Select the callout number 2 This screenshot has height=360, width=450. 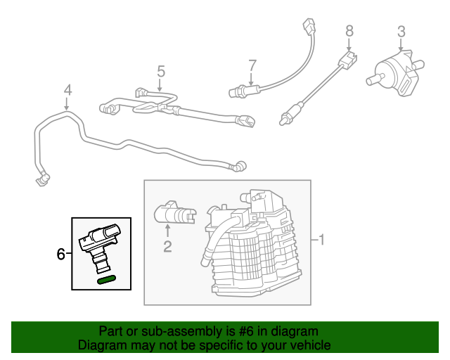click(167, 245)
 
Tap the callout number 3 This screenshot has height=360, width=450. click(401, 31)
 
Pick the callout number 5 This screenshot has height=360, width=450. click(160, 71)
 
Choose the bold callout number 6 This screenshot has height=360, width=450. click(60, 254)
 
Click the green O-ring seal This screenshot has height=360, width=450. click(106, 280)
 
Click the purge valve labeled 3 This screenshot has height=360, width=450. click(396, 71)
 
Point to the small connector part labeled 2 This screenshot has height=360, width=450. click(172, 212)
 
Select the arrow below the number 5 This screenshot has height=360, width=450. click(160, 86)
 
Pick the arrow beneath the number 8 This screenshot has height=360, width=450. click(349, 44)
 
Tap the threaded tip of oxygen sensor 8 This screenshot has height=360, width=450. click(283, 122)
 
